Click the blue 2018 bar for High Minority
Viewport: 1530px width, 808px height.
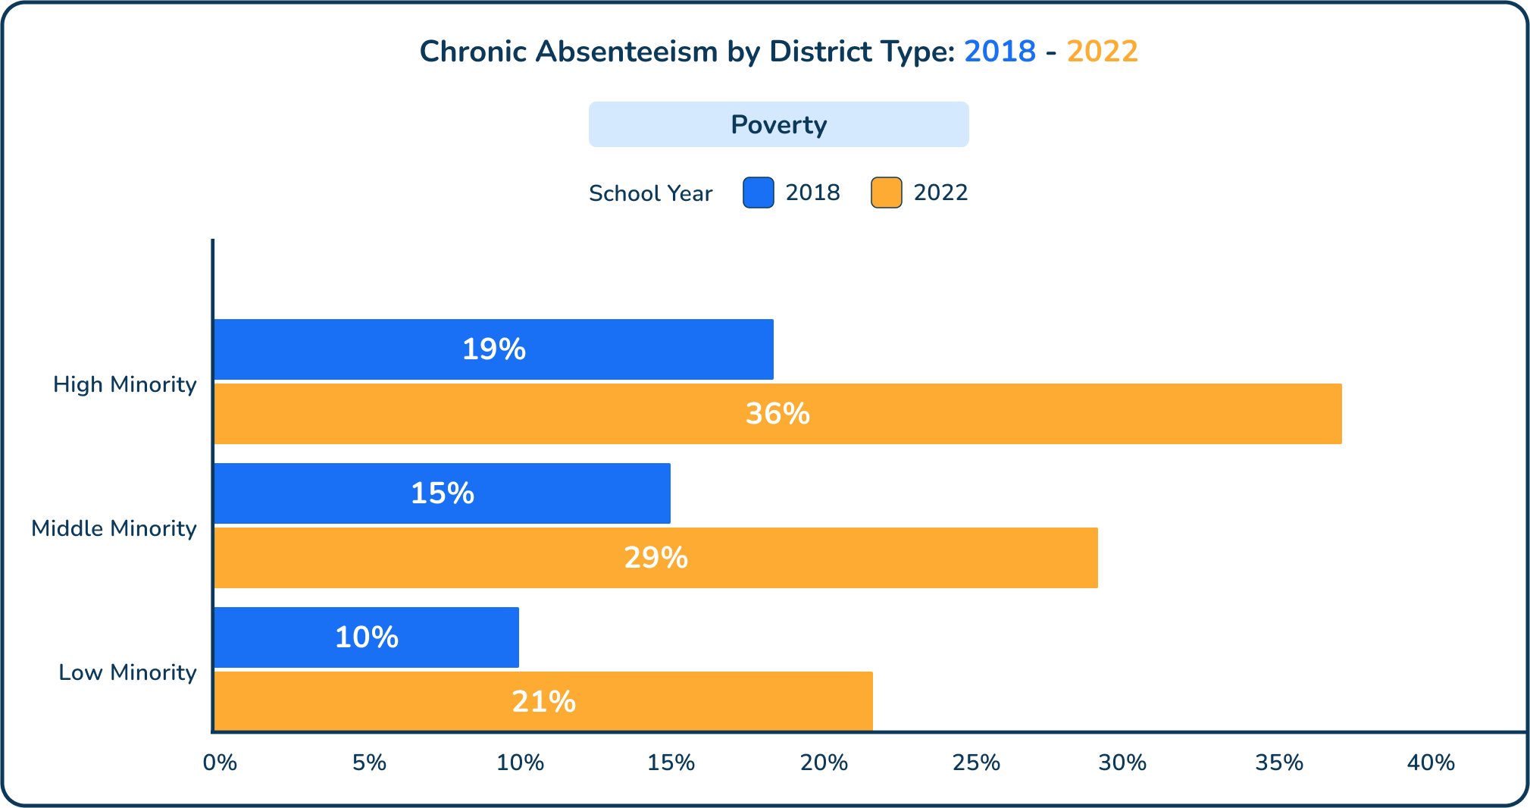(x=494, y=349)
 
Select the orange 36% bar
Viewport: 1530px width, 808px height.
(x=778, y=414)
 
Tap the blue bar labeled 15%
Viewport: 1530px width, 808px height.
(x=443, y=493)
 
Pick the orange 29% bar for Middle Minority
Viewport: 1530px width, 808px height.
(x=655, y=558)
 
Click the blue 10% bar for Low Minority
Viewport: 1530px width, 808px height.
(x=367, y=637)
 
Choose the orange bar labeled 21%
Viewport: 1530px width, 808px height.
(x=543, y=701)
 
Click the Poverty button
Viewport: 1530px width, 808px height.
(x=778, y=124)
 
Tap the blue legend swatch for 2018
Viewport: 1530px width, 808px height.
(x=758, y=193)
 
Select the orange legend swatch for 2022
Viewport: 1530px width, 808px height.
(x=886, y=193)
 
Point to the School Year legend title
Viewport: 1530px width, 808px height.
(x=650, y=193)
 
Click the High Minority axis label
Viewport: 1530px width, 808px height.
(x=125, y=384)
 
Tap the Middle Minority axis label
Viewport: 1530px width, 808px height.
(x=114, y=528)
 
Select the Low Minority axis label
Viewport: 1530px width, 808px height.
(x=127, y=672)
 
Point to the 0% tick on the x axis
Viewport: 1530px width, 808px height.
(x=220, y=763)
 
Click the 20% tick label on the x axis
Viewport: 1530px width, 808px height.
(x=824, y=763)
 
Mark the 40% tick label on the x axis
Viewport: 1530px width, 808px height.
(x=1430, y=763)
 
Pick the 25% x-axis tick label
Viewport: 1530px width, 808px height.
(x=975, y=763)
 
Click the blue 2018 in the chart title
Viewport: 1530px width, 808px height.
(x=1000, y=52)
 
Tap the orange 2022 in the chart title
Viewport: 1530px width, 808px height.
(x=1102, y=52)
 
